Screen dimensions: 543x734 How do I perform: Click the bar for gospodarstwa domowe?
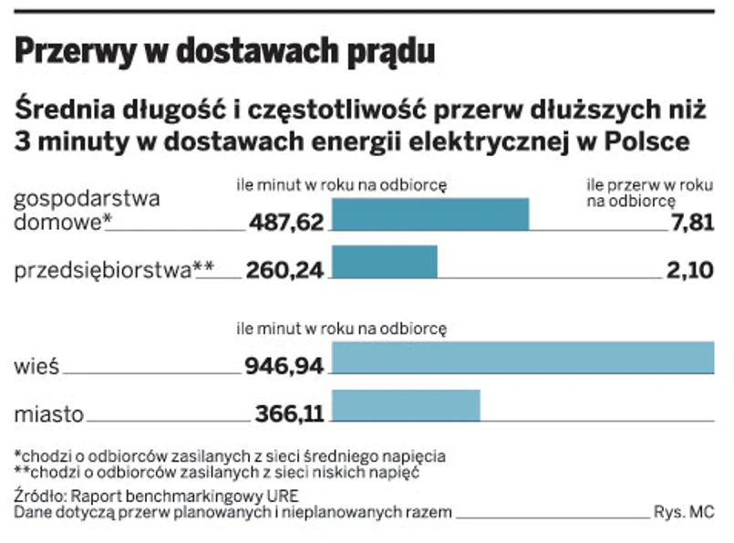[x=429, y=214]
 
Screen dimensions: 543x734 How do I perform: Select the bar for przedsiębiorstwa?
[x=384, y=262]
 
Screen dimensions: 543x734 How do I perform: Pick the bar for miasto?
[x=406, y=405]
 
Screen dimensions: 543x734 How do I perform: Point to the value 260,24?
[x=284, y=269]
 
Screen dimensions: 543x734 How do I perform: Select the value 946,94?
[x=284, y=367]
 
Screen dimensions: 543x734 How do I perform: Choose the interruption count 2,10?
[x=691, y=269]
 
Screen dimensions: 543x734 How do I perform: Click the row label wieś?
[x=37, y=367]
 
